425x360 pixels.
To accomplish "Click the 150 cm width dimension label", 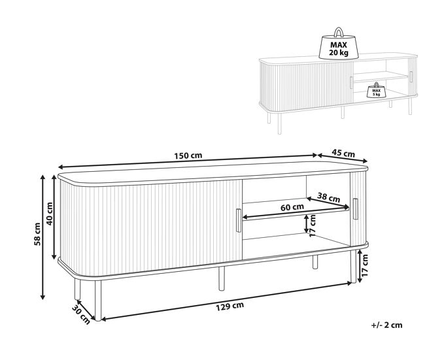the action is pyautogui.click(x=188, y=155).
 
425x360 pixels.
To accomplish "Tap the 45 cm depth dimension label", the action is pyautogui.click(x=343, y=154).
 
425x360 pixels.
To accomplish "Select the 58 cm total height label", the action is pyautogui.click(x=37, y=234).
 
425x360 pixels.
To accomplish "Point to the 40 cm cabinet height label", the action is pyautogui.click(x=50, y=214).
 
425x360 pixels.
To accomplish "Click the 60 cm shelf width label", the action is pyautogui.click(x=292, y=207).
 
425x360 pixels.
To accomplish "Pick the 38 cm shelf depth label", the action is pyautogui.click(x=328, y=197).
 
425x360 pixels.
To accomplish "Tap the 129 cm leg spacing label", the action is pyautogui.click(x=230, y=306).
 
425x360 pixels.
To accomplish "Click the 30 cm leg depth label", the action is pyautogui.click(x=81, y=314).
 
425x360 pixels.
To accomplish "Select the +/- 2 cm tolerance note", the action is pyautogui.click(x=387, y=325).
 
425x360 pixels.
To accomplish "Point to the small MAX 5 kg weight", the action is pyautogui.click(x=377, y=90).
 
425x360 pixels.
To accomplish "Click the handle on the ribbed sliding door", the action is pyautogui.click(x=239, y=220).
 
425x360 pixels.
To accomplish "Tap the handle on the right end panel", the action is pyautogui.click(x=355, y=209).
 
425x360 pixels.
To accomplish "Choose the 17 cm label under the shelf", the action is pyautogui.click(x=313, y=225).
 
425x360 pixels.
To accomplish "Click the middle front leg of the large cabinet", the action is pyautogui.click(x=222, y=278).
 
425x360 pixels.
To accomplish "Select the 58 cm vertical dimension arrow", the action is pyautogui.click(x=42, y=237).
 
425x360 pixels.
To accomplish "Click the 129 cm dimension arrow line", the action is pyautogui.click(x=227, y=301).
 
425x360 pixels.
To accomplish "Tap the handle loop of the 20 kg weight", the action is pyautogui.click(x=339, y=32).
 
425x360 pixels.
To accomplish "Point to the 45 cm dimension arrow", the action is pyautogui.click(x=343, y=158).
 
